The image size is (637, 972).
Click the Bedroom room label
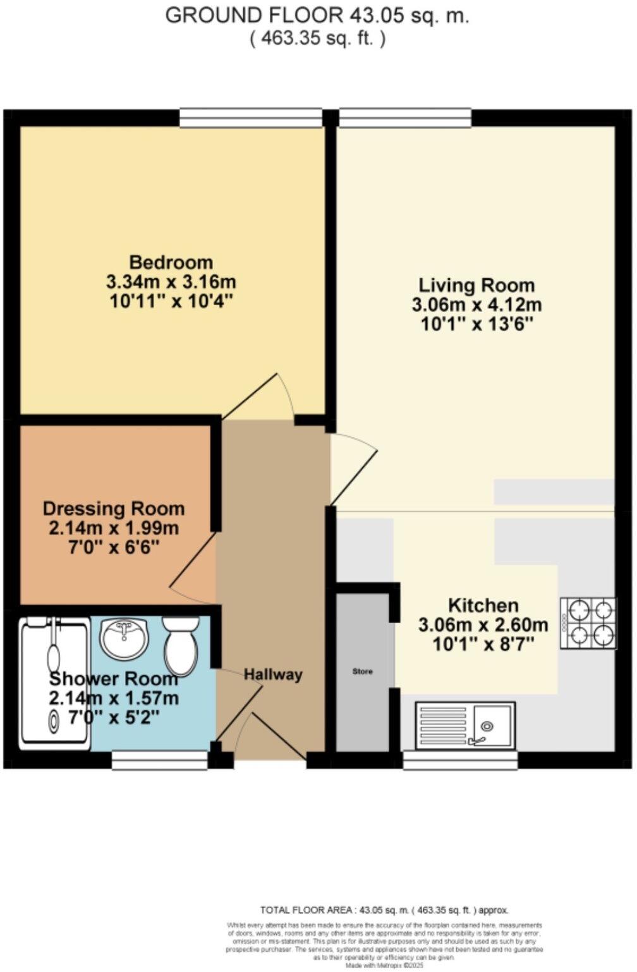click(x=171, y=262)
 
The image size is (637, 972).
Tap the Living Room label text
click(x=476, y=285)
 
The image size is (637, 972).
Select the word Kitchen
click(x=483, y=605)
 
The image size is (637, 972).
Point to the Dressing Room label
click(x=114, y=509)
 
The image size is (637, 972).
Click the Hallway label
click(x=273, y=674)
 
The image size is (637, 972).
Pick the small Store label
click(x=362, y=671)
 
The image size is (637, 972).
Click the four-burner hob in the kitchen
click(x=588, y=623)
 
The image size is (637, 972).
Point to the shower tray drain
click(x=54, y=719)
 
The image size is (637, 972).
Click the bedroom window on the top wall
click(x=251, y=118)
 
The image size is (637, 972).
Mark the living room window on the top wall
click(x=405, y=118)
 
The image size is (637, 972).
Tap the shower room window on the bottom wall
click(x=160, y=760)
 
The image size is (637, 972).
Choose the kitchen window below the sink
click(x=460, y=760)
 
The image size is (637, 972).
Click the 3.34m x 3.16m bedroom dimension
click(x=171, y=282)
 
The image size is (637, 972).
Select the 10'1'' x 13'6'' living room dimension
click(x=476, y=325)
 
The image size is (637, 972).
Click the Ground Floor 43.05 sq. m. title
click(x=317, y=16)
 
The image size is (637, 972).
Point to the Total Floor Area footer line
click(x=384, y=910)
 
